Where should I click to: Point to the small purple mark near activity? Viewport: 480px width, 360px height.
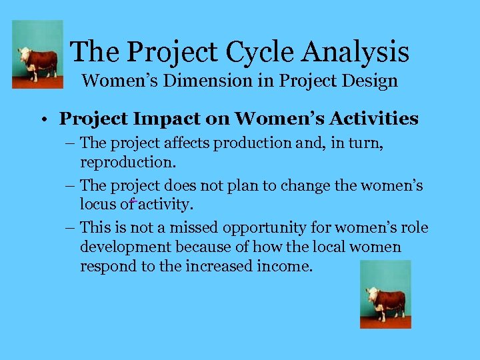[x=133, y=199]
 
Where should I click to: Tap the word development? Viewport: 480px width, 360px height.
[x=125, y=247]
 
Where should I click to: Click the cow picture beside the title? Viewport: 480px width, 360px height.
[x=38, y=55]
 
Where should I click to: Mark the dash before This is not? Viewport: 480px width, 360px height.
[x=71, y=229]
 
